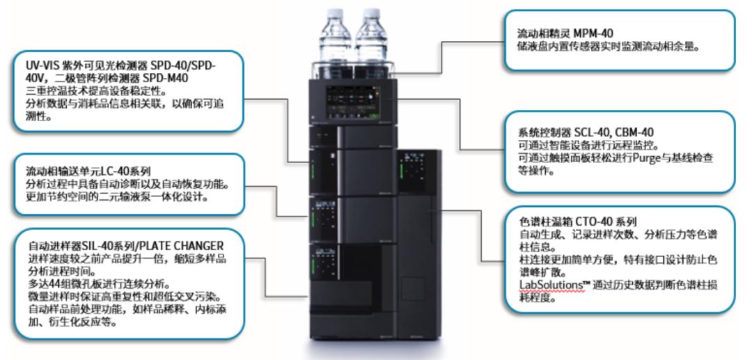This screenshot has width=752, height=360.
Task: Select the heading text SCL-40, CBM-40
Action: click(613, 132)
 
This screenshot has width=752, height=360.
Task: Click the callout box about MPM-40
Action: click(619, 40)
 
